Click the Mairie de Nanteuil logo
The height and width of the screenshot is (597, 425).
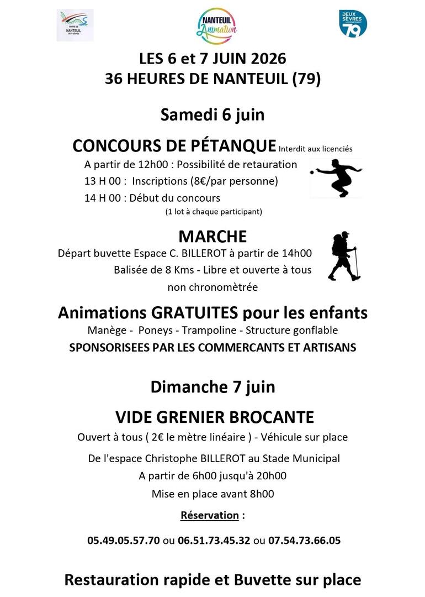[75, 25]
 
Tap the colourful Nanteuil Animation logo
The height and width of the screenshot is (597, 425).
[217, 25]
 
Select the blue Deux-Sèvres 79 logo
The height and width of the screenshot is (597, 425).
[353, 23]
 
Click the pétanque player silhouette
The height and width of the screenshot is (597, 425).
[335, 178]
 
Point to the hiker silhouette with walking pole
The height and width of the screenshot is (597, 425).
[344, 256]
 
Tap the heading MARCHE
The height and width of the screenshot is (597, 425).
[212, 237]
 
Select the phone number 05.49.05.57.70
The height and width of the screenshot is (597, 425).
[124, 540]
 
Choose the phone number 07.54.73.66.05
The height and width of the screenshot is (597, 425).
[305, 540]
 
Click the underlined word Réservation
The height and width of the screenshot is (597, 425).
[209, 515]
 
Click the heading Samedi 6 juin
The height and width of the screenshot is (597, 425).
[212, 114]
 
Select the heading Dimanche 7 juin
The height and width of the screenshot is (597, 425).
[212, 386]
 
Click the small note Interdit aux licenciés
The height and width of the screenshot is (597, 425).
[315, 149]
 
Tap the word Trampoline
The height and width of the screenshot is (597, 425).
[202, 331]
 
